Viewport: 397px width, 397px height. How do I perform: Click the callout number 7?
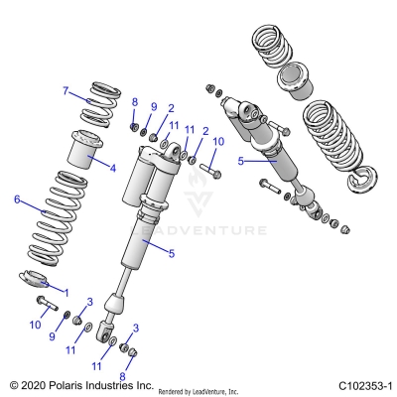point(66,91)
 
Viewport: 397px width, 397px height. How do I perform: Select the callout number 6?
point(17,199)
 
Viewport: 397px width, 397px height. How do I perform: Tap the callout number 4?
point(112,168)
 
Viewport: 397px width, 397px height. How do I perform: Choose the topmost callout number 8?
point(135,102)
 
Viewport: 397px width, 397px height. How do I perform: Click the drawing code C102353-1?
point(364,385)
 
